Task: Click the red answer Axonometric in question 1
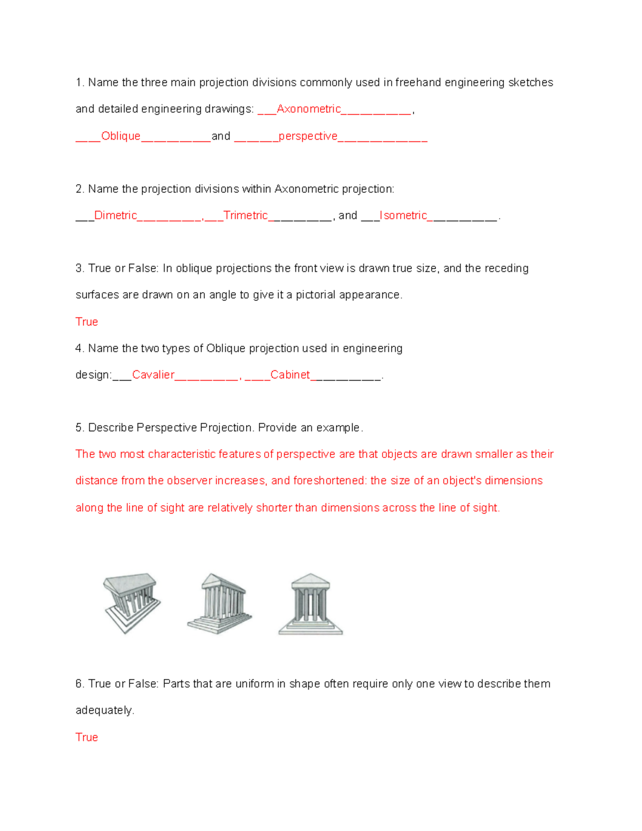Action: click(309, 109)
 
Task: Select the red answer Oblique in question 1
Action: click(121, 136)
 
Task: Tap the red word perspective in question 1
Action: click(308, 136)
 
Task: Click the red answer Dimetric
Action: click(116, 216)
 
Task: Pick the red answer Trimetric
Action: click(245, 216)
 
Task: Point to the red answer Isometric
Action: click(403, 216)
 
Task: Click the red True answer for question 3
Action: click(87, 322)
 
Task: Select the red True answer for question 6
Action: click(87, 737)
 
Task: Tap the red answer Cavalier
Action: click(153, 375)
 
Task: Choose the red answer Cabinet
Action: click(290, 375)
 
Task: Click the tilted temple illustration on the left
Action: click(131, 603)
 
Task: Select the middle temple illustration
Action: click(219, 603)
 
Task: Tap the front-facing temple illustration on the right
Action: click(310, 604)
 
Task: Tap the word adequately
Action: click(104, 711)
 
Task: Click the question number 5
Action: click(80, 428)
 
